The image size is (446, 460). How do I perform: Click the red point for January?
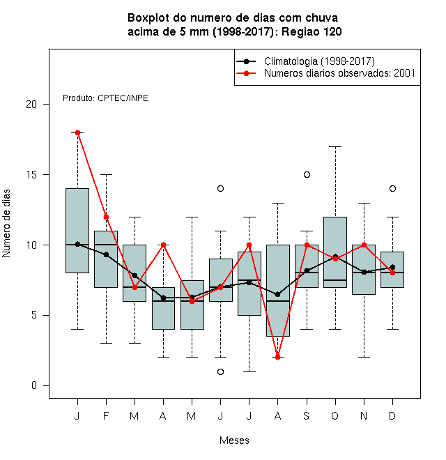pos(77,132)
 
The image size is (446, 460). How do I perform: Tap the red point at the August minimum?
pos(277,357)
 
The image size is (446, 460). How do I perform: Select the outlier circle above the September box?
pos(307,174)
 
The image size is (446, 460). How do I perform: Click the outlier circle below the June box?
pos(220,371)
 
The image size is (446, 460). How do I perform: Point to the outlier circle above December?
pos(392,188)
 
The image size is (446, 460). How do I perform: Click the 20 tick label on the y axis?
pos(31,105)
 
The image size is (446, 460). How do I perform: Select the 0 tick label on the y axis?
pos(34,385)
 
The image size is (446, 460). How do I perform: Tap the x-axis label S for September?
pos(307,415)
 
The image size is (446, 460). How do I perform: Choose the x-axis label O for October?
pos(334,415)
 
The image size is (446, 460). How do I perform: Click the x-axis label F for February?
pos(106,415)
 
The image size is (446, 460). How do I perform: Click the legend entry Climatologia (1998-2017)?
pos(319,61)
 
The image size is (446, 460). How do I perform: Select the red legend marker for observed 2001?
pos(246,73)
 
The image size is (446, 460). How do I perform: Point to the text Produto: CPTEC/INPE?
pos(105,98)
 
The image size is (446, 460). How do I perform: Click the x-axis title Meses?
pos(234,440)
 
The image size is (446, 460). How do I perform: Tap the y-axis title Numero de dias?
pos(6,224)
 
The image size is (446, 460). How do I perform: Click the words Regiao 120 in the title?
pos(312,31)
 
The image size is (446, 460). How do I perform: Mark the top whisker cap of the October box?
pos(335,146)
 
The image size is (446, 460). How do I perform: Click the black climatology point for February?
pos(106,254)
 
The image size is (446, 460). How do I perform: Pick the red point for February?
pos(106,217)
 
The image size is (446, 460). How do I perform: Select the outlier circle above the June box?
pos(220,188)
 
